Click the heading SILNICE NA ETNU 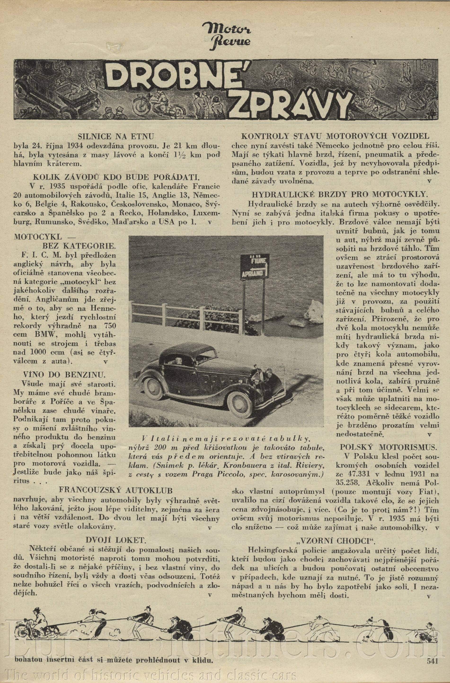pyautogui.click(x=116, y=136)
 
